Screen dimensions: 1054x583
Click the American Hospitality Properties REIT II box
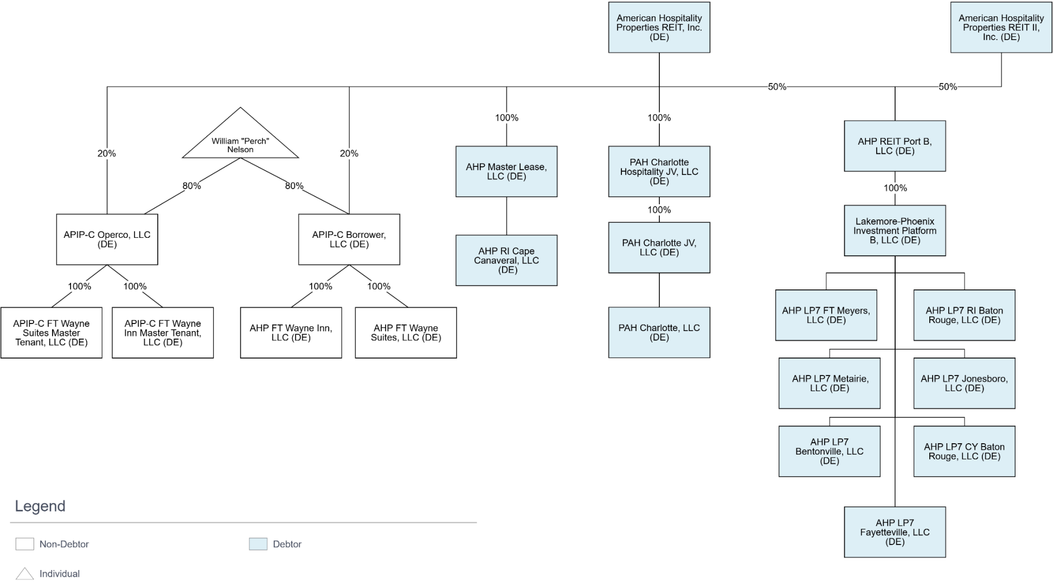coord(1001,28)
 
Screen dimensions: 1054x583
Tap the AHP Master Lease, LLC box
coord(506,171)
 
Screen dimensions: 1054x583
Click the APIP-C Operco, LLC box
coord(107,239)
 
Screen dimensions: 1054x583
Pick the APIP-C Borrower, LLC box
coord(349,239)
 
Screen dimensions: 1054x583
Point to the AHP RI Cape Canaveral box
coord(506,260)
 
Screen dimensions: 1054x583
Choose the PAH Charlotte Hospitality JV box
coord(659,171)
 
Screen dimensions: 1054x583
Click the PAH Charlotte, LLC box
coord(659,332)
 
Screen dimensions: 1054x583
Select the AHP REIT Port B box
coord(895,146)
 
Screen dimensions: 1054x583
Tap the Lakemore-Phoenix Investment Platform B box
coord(895,230)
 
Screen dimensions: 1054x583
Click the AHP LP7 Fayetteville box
coord(895,532)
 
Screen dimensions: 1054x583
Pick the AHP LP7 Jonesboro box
coord(964,383)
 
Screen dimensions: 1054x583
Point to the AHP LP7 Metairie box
coord(830,383)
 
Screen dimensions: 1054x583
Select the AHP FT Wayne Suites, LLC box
coord(406,333)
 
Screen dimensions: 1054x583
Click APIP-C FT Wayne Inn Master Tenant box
coord(163,333)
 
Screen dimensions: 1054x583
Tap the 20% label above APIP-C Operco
coord(107,153)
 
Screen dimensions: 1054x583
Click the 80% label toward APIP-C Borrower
coord(294,186)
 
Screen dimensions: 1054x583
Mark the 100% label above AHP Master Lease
coord(506,118)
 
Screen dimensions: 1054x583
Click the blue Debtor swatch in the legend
coord(258,544)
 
